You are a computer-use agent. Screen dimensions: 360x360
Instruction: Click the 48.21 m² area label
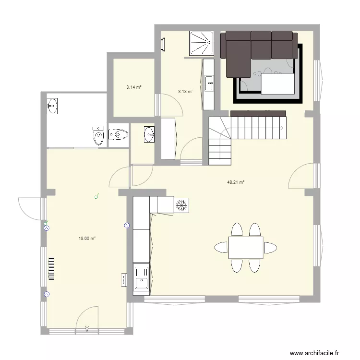click(236, 182)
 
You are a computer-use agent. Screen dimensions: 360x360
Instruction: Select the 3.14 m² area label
click(133, 87)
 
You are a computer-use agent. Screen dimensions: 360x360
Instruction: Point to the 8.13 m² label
click(185, 91)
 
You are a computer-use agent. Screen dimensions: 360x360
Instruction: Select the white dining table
click(245, 247)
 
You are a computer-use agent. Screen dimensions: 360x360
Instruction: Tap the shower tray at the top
click(201, 43)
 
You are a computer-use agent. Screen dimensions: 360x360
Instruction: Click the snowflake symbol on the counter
click(182, 205)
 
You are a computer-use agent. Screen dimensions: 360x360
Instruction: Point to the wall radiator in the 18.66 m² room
click(51, 268)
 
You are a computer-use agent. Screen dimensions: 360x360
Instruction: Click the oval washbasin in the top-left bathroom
click(52, 106)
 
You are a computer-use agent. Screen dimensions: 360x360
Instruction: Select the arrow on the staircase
click(282, 128)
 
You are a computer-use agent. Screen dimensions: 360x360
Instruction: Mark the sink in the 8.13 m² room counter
click(209, 84)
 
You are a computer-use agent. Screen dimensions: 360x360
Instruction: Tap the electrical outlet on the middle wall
click(127, 225)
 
